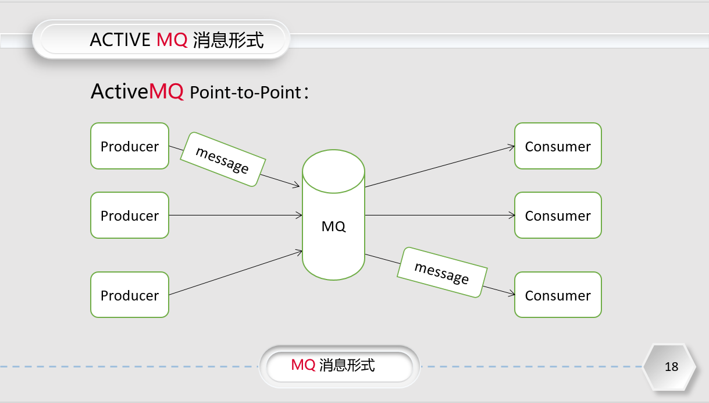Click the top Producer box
[130, 146]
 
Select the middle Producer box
[130, 215]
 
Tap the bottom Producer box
[130, 295]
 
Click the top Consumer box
[558, 146]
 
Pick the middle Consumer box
[558, 215]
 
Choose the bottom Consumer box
[558, 295]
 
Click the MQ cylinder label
[333, 227]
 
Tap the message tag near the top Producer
[223, 160]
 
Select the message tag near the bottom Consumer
[442, 273]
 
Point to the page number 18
[671, 367]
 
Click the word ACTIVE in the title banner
[120, 40]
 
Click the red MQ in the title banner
[172, 40]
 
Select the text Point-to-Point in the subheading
[246, 93]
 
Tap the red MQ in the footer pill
[303, 365]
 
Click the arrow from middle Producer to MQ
[233, 215]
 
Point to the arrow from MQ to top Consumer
[439, 167]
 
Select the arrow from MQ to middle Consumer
[439, 215]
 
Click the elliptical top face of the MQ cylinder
[333, 171]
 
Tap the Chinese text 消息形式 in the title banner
[228, 40]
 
